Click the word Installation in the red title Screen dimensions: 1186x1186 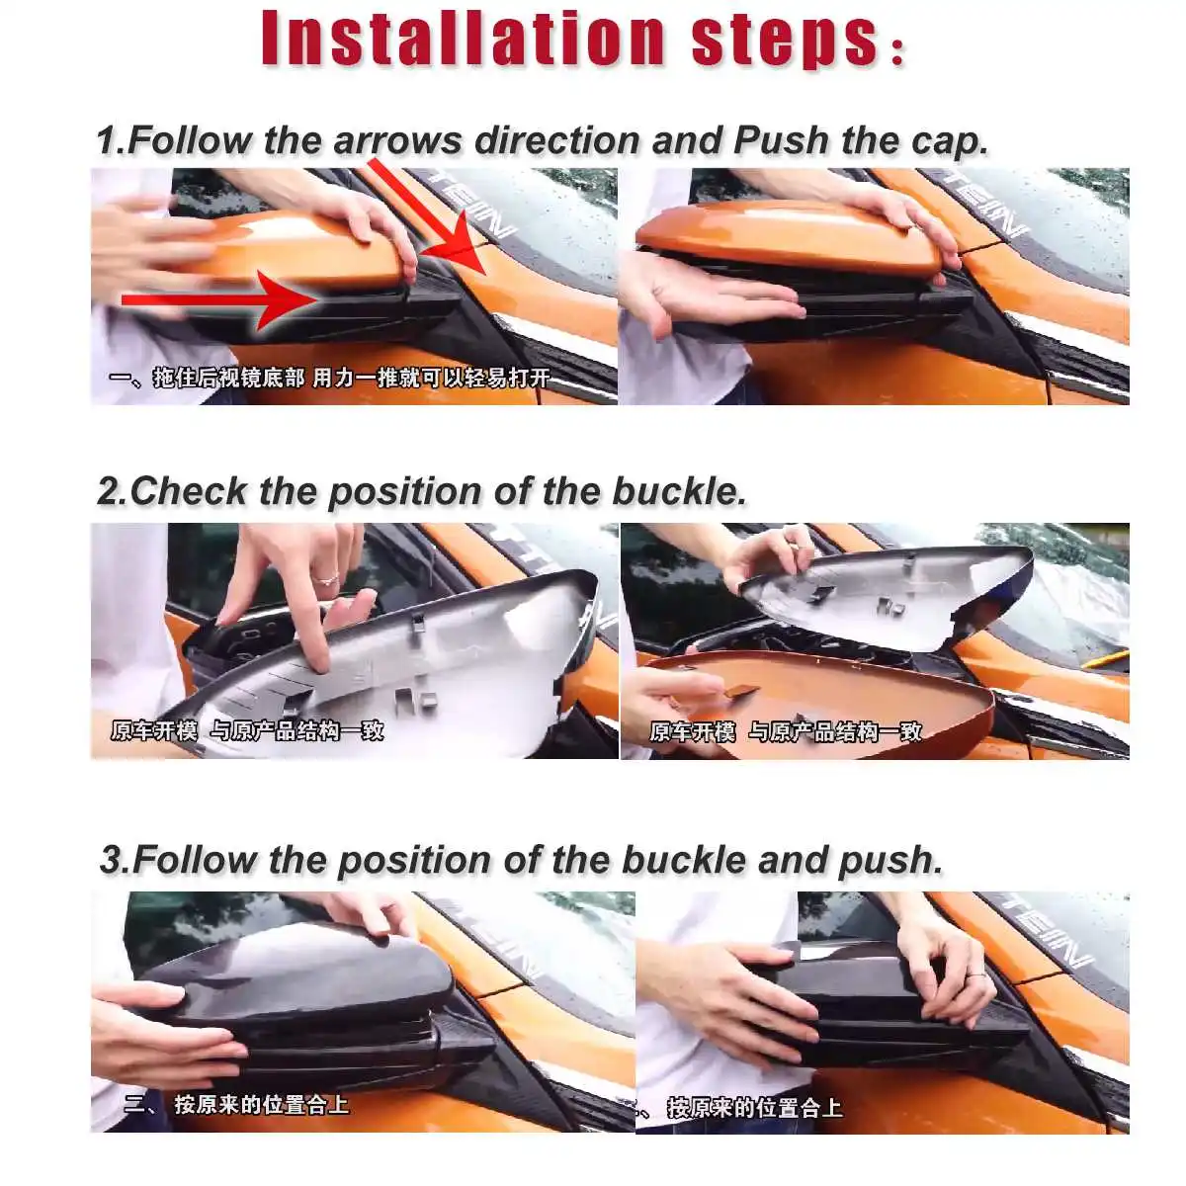point(463,39)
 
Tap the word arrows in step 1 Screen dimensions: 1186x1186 point(396,141)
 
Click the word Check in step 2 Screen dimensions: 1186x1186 point(188,492)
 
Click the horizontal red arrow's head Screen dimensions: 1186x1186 point(288,300)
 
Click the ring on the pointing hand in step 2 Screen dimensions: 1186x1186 point(326,578)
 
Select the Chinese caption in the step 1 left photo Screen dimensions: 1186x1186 point(329,378)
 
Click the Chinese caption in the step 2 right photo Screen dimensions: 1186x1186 point(786,731)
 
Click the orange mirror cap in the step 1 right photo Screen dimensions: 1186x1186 point(788,235)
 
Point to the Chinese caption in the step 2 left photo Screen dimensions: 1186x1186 point(247,730)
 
